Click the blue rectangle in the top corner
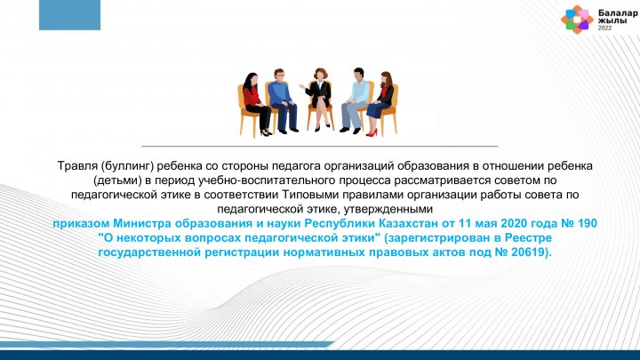click(x=70, y=15)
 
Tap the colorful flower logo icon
click(x=577, y=20)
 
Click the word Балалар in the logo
click(x=618, y=13)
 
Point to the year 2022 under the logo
click(x=605, y=28)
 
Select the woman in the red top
click(x=255, y=104)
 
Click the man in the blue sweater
click(x=283, y=100)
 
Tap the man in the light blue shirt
click(x=354, y=100)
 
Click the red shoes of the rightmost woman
click(x=372, y=132)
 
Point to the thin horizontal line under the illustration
click(x=320, y=146)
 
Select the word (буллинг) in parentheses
click(x=127, y=166)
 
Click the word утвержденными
click(x=388, y=210)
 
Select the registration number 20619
click(x=529, y=252)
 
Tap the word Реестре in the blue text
click(x=528, y=238)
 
